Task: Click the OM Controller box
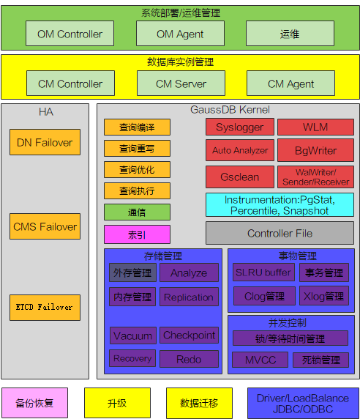70,34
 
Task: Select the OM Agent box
180,34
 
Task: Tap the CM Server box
181,83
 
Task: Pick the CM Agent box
291,83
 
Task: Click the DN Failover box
45,142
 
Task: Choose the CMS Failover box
45,226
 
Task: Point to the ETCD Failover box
45,308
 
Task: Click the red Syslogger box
240,127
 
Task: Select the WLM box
315,127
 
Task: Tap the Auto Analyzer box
240,150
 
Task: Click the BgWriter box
315,150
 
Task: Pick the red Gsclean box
240,177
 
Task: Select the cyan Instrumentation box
280,204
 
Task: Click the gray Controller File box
280,233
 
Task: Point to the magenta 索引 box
137,234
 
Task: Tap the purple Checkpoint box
189,335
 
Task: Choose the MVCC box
260,360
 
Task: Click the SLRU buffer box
263,272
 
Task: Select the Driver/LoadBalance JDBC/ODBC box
303,403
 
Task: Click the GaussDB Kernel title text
230,110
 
